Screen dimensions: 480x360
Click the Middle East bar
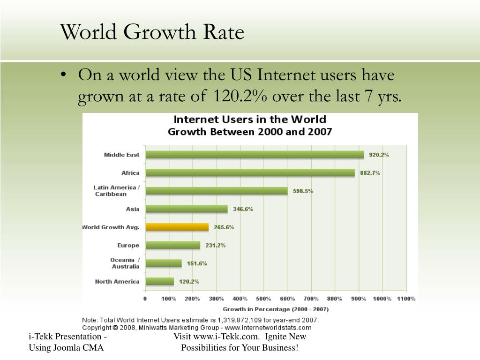point(255,155)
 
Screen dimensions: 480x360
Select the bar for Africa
point(250,172)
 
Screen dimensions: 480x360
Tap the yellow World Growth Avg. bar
point(177,227)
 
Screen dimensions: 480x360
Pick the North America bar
point(160,281)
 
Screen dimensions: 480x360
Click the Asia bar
point(187,209)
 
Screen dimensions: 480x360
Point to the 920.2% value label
point(379,155)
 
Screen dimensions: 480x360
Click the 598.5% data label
point(303,191)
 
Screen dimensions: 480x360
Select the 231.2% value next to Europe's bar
point(216,245)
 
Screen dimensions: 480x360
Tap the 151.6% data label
point(197,263)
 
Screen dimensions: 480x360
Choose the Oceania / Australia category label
point(125,263)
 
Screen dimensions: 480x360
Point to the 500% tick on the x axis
point(263,299)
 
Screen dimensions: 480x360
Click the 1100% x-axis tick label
point(406,299)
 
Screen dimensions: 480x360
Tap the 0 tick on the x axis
point(145,299)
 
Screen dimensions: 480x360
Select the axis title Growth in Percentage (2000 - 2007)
point(276,309)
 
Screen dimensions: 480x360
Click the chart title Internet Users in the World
point(250,119)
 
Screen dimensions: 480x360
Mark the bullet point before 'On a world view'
point(63,75)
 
